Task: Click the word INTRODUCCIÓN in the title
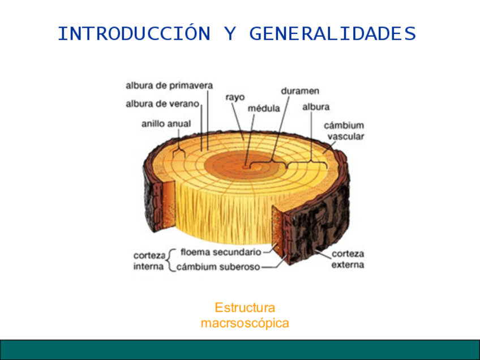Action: [134, 34]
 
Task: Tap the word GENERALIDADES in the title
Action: [332, 34]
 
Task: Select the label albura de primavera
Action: [169, 86]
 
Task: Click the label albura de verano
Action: [162, 104]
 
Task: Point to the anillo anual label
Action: [166, 123]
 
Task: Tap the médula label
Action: [264, 108]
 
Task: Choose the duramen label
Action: [300, 91]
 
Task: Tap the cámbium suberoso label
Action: [218, 267]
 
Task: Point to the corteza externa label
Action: [348, 259]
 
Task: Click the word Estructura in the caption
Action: [245, 308]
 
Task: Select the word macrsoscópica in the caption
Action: [245, 323]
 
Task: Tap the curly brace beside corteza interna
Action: [172, 259]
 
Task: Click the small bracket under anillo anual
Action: [181, 148]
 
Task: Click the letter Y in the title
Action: [230, 34]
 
